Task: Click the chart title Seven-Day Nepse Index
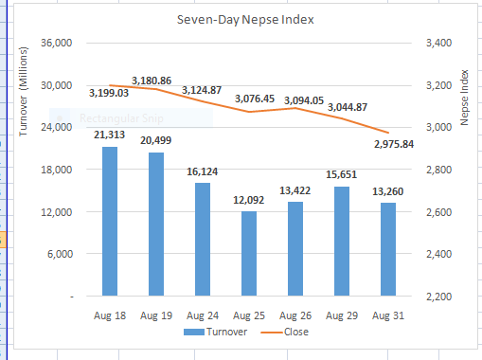click(x=245, y=19)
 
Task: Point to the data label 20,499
click(x=156, y=141)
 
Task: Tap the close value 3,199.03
click(x=109, y=94)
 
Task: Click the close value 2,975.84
click(x=394, y=144)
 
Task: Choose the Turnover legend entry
click(x=214, y=332)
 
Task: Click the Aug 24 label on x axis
click(x=203, y=313)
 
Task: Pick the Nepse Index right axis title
click(x=465, y=104)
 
